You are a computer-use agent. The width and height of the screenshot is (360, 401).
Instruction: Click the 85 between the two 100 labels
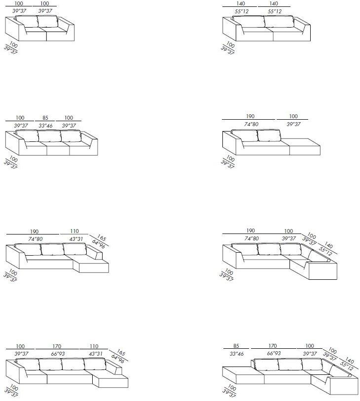point(45,118)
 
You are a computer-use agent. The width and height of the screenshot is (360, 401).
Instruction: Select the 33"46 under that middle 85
point(45,126)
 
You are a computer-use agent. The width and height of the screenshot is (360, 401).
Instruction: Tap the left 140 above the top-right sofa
point(241,3)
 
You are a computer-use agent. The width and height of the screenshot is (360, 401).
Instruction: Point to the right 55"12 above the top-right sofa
point(275,11)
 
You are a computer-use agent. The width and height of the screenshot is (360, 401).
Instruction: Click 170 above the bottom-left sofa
point(57,346)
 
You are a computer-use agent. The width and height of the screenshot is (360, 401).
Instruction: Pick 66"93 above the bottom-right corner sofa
point(274,353)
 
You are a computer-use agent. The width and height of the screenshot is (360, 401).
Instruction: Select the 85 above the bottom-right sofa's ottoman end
point(236,346)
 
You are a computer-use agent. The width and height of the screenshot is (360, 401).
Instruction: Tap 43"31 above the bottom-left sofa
point(96,354)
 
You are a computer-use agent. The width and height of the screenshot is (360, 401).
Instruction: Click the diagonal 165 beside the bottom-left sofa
point(120,353)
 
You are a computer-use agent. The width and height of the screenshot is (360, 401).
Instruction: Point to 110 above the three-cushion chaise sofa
point(74,231)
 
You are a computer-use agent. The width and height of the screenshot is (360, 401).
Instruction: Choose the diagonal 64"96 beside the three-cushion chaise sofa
point(99,244)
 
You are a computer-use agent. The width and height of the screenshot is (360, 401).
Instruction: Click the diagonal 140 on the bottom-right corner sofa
point(349,360)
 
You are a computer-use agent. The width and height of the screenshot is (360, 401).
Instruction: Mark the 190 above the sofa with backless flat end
point(250,116)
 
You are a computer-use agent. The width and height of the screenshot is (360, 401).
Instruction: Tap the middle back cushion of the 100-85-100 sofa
point(50,136)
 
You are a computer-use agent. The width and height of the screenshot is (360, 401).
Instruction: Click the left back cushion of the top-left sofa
point(27,22)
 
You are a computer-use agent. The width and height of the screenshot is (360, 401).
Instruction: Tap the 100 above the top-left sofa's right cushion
point(44,3)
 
